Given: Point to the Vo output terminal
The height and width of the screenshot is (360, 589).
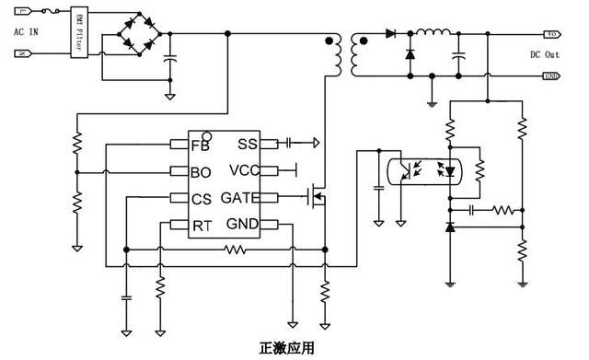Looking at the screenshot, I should [x=552, y=34].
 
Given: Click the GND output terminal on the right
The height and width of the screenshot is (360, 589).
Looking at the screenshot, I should [x=552, y=75].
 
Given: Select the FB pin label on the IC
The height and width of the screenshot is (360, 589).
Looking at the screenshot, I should [x=200, y=145].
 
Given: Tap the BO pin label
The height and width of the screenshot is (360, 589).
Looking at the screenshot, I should [x=201, y=171].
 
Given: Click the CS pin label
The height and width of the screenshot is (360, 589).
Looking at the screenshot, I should [x=201, y=198].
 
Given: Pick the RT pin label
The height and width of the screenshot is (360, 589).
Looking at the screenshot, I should [x=201, y=225].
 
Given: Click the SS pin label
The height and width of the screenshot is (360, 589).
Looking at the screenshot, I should [x=248, y=144].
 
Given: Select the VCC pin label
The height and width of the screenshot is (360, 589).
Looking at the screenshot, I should [x=244, y=170].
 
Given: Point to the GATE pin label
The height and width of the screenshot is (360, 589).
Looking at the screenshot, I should [x=239, y=198].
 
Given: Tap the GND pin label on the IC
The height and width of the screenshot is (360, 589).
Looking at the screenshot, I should [x=243, y=225].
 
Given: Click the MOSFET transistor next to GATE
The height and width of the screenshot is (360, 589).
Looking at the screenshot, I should [x=318, y=196].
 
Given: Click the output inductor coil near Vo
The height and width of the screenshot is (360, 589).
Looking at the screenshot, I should [x=433, y=34].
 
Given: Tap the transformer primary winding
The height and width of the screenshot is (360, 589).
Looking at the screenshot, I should [x=337, y=56].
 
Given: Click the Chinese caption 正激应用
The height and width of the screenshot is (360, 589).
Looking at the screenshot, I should [x=287, y=349].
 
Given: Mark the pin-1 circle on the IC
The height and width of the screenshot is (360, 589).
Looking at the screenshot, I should [x=207, y=135].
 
